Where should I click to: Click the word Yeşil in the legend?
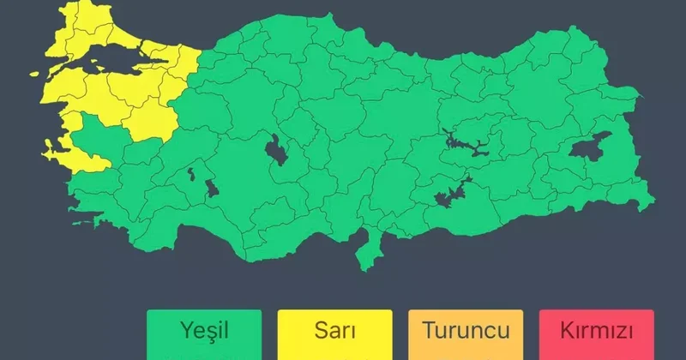coord(203,331)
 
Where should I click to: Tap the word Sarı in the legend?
coord(334,331)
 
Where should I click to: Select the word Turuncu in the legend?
coord(466,331)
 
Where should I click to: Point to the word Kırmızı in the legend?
coord(596,331)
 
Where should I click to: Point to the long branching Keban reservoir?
coord(463,141)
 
